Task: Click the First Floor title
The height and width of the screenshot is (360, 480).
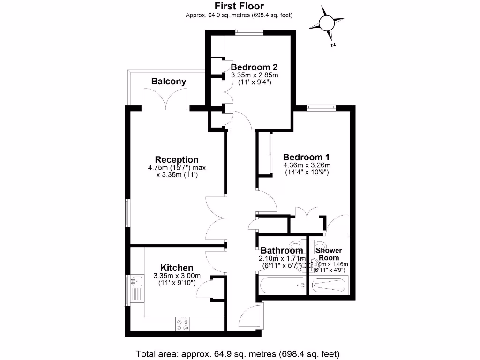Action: (239, 6)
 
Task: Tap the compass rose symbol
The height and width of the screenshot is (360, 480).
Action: (327, 22)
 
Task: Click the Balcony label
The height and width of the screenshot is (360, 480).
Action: (168, 81)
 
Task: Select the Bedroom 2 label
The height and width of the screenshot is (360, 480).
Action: (254, 67)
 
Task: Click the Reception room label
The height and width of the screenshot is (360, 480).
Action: (177, 159)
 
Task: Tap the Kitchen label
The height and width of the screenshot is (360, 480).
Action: (177, 267)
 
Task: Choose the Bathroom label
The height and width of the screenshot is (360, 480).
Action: (282, 251)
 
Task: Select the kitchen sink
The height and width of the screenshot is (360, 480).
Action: (135, 281)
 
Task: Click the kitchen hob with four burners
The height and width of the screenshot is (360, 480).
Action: (182, 324)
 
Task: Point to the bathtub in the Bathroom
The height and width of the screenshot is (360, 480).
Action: (281, 284)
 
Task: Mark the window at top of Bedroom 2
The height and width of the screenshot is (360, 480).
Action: (249, 32)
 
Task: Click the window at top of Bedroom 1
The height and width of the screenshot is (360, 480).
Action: (321, 107)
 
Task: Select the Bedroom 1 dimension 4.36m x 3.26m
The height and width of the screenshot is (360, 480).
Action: (307, 165)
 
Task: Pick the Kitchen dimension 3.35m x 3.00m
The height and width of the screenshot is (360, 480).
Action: (177, 276)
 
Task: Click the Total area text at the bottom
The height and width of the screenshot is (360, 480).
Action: (237, 353)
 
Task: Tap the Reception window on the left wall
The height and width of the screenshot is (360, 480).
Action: (127, 213)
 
